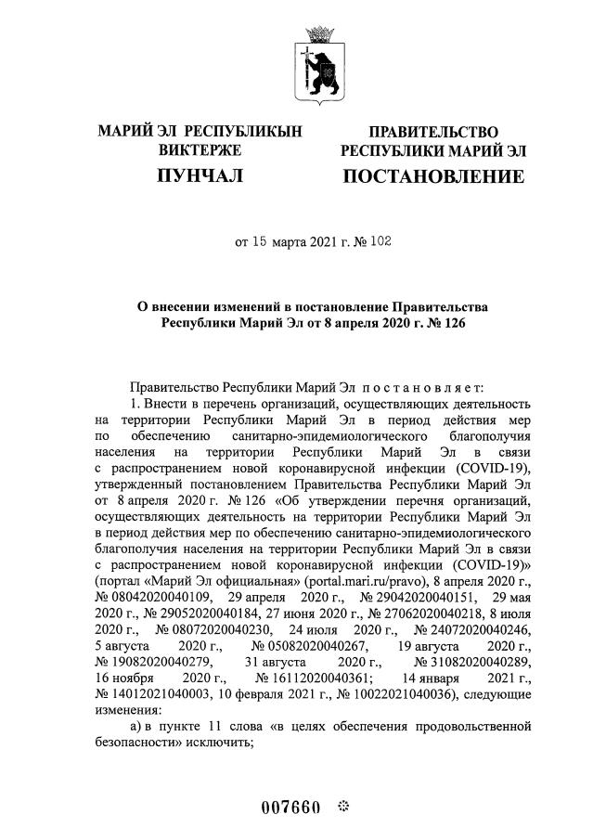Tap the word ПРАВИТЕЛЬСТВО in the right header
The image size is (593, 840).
tap(433, 132)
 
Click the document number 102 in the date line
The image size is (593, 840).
tap(380, 243)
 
